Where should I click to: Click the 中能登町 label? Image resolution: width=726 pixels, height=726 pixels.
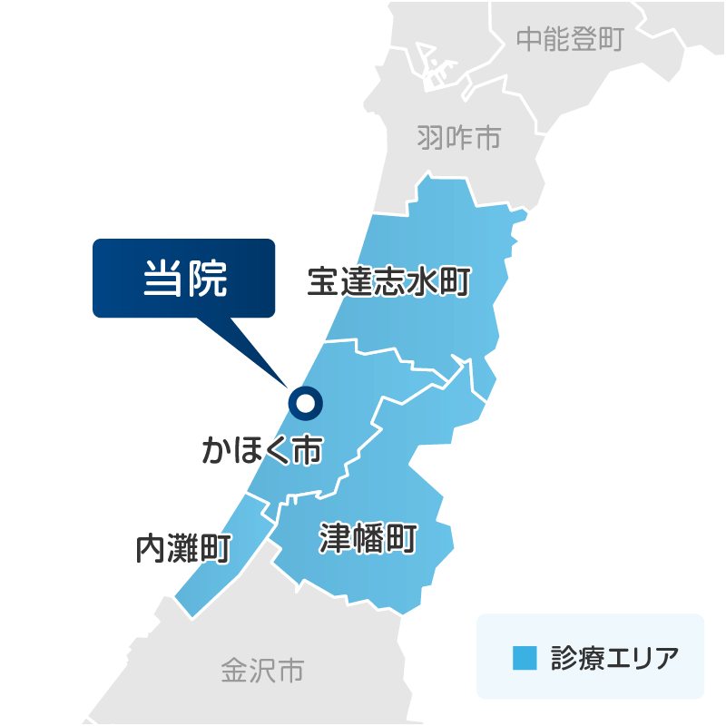click(x=569, y=38)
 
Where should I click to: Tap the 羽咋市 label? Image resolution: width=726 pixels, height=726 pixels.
click(x=459, y=138)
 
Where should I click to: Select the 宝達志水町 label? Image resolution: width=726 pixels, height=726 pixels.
click(x=388, y=282)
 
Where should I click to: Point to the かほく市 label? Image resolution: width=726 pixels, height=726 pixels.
click(x=262, y=449)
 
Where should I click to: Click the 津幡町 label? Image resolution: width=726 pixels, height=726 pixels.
click(x=368, y=539)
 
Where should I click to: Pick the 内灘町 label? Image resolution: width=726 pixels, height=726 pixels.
click(x=182, y=549)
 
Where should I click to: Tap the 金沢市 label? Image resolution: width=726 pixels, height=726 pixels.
click(x=261, y=672)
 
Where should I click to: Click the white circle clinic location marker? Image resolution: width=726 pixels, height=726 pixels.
click(x=305, y=402)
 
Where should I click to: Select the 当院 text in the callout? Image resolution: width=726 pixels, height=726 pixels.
click(x=183, y=278)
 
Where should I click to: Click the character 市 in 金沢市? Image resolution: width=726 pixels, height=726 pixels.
click(x=290, y=672)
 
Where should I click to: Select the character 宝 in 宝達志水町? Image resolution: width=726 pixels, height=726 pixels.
click(x=323, y=282)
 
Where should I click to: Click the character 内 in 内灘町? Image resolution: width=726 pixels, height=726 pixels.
click(x=150, y=549)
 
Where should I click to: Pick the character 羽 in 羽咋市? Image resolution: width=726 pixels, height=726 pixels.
click(x=431, y=138)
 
